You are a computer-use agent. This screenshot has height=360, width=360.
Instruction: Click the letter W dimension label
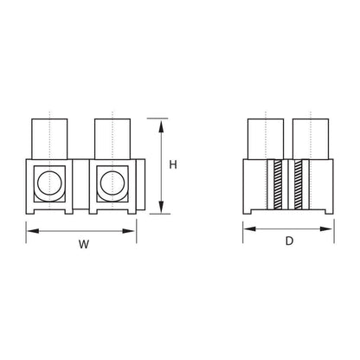pos(84,244)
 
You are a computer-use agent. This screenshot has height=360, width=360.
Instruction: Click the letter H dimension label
pos(173,164)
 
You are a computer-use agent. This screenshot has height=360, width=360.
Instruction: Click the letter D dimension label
pos(289,241)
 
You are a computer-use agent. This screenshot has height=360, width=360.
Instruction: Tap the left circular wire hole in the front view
pos(49,183)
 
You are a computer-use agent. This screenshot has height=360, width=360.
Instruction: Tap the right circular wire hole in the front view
pos(112,183)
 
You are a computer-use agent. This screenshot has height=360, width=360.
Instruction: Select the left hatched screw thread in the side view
pos(278,184)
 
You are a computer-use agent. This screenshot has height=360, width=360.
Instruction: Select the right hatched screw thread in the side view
pos(298,184)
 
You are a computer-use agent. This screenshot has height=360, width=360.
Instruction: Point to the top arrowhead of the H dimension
pos(161,126)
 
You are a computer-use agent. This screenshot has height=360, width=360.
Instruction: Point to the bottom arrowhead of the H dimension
pos(161,207)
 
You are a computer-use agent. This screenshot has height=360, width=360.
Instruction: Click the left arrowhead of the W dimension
pos(33,231)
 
